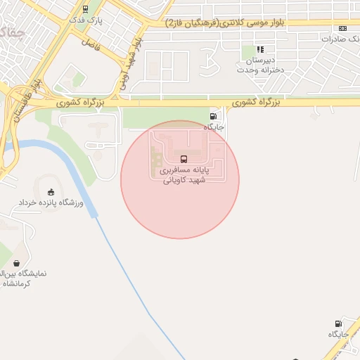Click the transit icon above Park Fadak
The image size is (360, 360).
(85, 9)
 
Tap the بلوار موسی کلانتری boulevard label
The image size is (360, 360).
(225, 23)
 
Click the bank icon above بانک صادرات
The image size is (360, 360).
(342, 28)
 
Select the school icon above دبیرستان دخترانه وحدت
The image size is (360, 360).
(260, 49)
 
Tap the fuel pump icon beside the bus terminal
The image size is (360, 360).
(212, 116)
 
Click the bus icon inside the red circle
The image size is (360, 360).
(184, 159)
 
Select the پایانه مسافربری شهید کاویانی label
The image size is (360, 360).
(182, 175)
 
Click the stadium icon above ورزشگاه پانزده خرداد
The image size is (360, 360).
(50, 192)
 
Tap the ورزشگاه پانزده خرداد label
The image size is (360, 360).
(50, 203)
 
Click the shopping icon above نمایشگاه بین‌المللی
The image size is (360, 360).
(15, 264)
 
